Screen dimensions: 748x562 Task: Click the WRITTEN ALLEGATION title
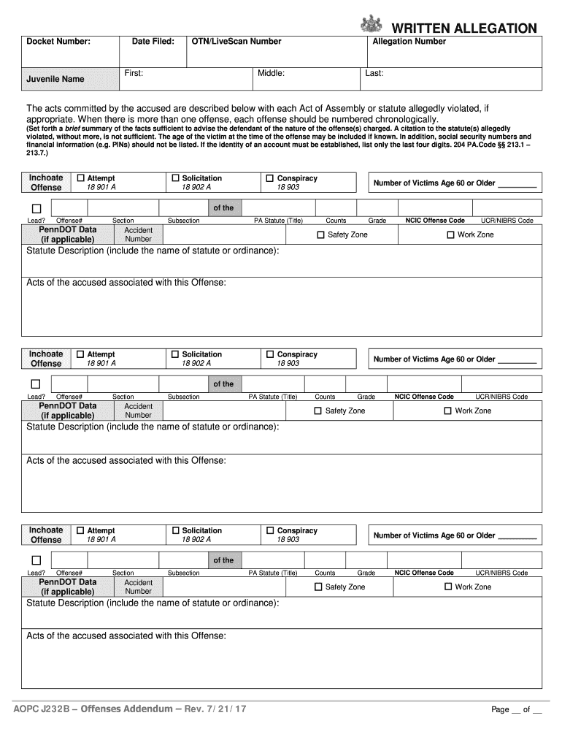point(464,28)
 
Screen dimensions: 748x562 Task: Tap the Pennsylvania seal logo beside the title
point(371,23)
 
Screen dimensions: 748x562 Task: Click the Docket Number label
point(58,42)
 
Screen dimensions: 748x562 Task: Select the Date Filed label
point(153,42)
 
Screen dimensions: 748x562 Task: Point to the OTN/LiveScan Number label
point(236,42)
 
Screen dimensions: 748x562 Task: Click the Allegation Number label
point(409,42)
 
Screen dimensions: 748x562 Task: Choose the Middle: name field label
point(271,73)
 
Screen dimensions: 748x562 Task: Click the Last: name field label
point(374,73)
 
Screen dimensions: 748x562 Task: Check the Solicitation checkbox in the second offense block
point(175,354)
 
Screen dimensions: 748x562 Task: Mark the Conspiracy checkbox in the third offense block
point(270,530)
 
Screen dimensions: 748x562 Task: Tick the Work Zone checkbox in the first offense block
point(450,234)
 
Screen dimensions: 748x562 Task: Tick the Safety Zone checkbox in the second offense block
point(317,411)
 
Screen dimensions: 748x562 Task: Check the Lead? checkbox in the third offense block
point(35,561)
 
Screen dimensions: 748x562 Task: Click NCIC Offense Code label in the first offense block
point(435,221)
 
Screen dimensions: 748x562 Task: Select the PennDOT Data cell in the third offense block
point(67,587)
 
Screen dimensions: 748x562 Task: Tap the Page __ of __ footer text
point(516,710)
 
